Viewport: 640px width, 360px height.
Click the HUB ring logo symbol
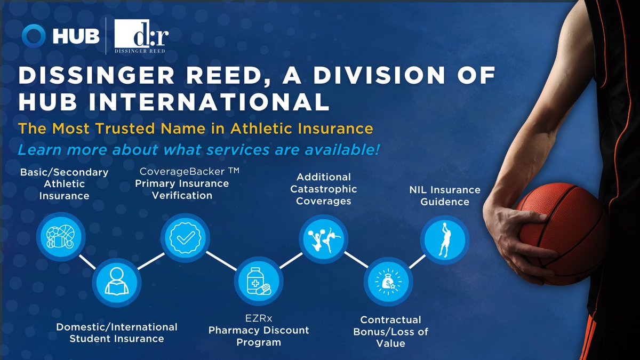click(34, 36)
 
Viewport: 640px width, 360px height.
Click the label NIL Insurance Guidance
click(444, 196)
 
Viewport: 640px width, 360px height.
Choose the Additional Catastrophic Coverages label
click(324, 189)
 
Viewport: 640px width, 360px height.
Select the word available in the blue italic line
click(338, 150)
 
